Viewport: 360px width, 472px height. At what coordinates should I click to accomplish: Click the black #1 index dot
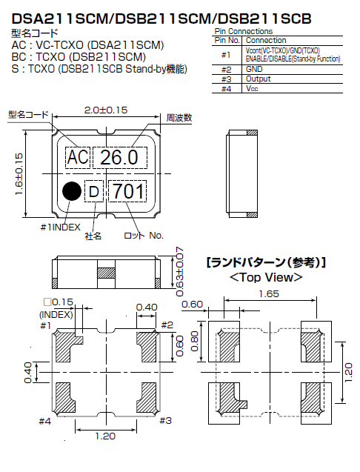(x=72, y=190)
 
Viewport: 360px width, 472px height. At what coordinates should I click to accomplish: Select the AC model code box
(x=77, y=157)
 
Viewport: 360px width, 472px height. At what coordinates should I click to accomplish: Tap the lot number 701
(x=127, y=192)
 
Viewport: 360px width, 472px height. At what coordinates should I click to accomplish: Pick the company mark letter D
(x=93, y=192)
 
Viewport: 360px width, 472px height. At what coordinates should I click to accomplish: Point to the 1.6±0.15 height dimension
(x=20, y=174)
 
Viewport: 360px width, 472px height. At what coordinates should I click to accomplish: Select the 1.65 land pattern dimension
(x=269, y=293)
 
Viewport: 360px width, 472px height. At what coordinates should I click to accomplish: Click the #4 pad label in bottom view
(x=45, y=421)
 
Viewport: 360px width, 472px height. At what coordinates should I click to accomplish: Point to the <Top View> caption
(x=265, y=277)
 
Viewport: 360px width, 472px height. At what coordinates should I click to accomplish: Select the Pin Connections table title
(x=243, y=31)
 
